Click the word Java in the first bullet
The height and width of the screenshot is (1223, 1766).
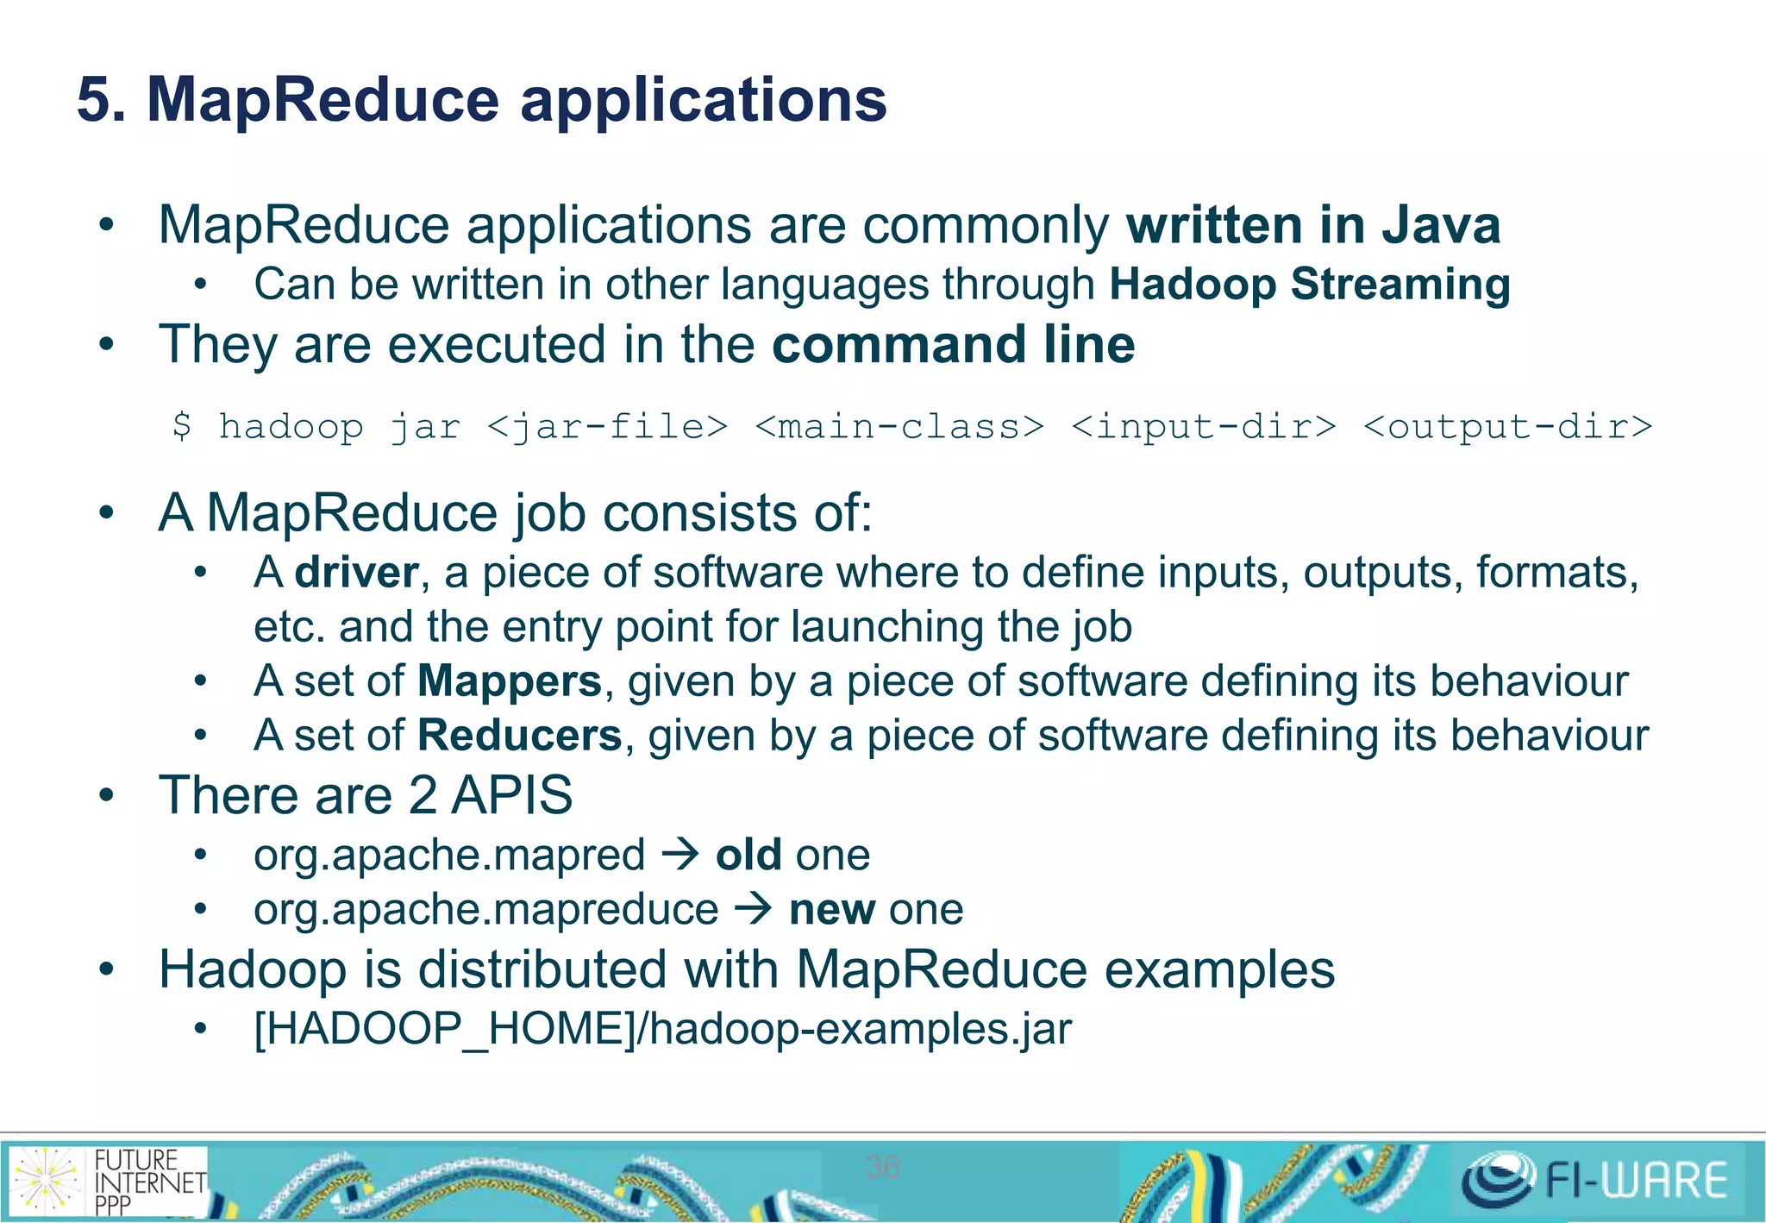[x=1441, y=226]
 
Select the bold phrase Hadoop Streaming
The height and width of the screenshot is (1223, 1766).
[x=1309, y=285]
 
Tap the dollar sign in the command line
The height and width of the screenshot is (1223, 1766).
[x=181, y=426]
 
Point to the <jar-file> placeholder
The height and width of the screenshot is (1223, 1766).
[x=607, y=427]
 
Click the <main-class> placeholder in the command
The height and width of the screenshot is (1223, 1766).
[x=899, y=427]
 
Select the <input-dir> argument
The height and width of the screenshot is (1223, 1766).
[x=1203, y=427]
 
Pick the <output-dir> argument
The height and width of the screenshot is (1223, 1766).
[x=1507, y=427]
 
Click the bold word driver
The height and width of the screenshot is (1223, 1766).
[x=356, y=573]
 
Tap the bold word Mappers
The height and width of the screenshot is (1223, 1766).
[x=509, y=681]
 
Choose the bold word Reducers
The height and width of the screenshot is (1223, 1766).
[x=519, y=736]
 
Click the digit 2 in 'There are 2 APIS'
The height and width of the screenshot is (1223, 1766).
[x=423, y=795]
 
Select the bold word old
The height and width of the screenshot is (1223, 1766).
[x=748, y=856]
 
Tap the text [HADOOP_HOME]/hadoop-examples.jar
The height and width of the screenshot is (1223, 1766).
[x=662, y=1029]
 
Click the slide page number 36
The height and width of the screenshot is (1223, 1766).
[x=882, y=1167]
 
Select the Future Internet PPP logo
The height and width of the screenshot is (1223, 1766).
[x=108, y=1181]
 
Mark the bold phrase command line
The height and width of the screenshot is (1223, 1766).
[x=953, y=345]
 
